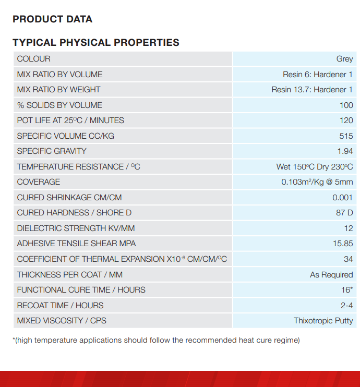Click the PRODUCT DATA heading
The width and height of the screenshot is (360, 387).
[52, 19]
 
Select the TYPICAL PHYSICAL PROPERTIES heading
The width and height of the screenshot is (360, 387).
[96, 43]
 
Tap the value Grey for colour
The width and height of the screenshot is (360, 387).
[344, 59]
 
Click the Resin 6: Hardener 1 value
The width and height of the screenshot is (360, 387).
[318, 75]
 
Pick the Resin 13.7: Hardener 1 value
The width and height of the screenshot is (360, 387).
[312, 90]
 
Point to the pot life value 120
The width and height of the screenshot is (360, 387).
[346, 120]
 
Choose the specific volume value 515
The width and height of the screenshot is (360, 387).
[346, 136]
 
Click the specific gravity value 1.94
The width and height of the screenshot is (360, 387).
[345, 151]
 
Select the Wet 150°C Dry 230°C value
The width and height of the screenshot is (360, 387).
[315, 167]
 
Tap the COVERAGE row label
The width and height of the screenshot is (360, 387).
[39, 182]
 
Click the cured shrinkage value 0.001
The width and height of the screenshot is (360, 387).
[342, 198]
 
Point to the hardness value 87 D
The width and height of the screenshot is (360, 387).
[344, 213]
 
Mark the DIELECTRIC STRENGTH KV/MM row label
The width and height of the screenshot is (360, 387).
[75, 228]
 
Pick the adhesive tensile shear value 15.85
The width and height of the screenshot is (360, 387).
[342, 244]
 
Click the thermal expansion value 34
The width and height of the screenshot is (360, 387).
[348, 259]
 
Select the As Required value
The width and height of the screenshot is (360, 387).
[331, 275]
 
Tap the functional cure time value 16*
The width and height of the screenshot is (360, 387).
[347, 290]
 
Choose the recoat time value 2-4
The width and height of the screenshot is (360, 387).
[346, 306]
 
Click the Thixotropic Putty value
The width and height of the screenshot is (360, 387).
[323, 321]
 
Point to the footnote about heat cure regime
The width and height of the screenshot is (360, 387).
[156, 341]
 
